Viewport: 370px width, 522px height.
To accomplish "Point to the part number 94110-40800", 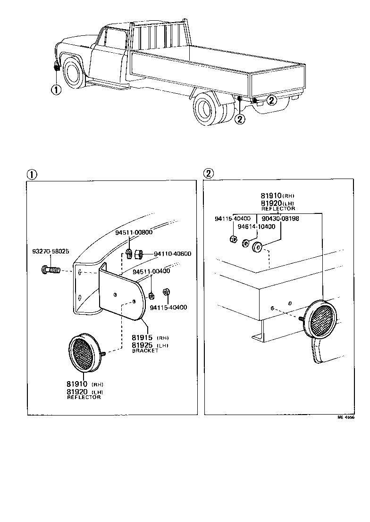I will pyautogui.click(x=172, y=254).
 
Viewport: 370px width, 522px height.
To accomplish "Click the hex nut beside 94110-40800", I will pyautogui.click(x=140, y=254).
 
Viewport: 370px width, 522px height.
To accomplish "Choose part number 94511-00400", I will pyautogui.click(x=151, y=272).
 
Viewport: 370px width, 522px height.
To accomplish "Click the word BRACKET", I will pyautogui.click(x=145, y=351).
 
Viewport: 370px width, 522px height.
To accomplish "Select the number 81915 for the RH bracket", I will pyautogui.click(x=142, y=338).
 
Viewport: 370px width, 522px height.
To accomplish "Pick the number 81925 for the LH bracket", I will pyautogui.click(x=142, y=345).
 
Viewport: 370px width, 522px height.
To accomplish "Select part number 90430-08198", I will pyautogui.click(x=280, y=219).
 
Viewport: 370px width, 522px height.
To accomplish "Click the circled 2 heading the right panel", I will pyautogui.click(x=208, y=173).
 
